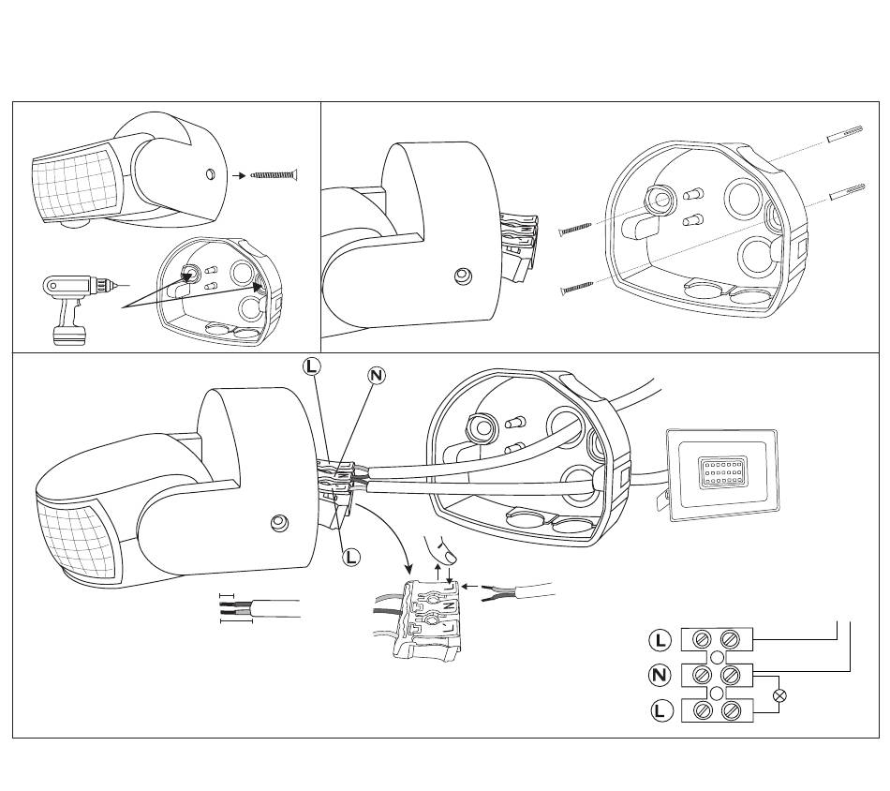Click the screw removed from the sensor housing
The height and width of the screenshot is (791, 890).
tap(274, 174)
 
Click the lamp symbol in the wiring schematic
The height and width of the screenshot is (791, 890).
tap(777, 695)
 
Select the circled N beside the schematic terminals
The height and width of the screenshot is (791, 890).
tap(661, 675)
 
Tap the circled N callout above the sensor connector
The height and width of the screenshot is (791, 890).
tap(376, 376)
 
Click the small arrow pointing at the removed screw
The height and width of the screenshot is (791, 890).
tap(238, 174)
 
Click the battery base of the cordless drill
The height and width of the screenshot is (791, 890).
tap(68, 333)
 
